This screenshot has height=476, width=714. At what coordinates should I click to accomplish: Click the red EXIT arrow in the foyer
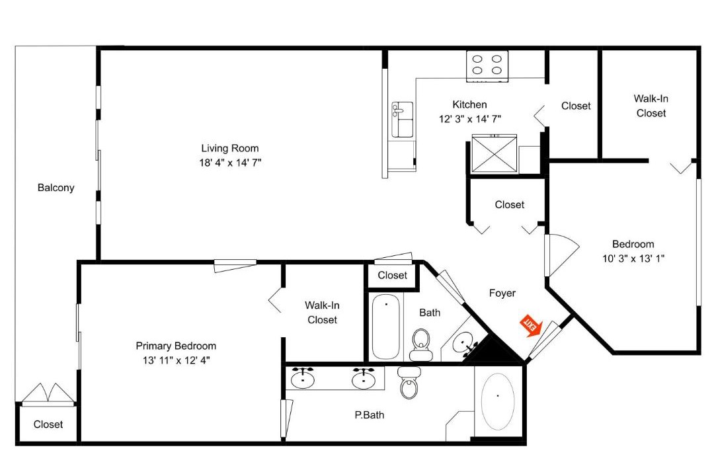[x=531, y=325]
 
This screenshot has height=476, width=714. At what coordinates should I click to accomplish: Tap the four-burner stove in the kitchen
[x=487, y=66]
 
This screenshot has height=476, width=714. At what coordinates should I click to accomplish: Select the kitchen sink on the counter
[x=402, y=120]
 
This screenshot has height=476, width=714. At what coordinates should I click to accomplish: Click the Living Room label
[x=230, y=148]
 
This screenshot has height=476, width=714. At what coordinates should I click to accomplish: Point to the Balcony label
[x=56, y=188]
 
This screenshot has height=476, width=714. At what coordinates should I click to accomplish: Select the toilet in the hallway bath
[x=420, y=345]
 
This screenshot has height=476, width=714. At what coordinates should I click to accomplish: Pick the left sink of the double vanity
[x=302, y=377]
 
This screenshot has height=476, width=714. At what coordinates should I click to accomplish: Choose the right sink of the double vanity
[x=364, y=377]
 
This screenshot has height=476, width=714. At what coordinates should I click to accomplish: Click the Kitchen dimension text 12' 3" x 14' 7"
[x=470, y=119]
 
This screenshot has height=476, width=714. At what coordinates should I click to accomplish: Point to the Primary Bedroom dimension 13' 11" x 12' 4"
[x=177, y=360]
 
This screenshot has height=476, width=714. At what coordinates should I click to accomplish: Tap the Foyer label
[x=502, y=293]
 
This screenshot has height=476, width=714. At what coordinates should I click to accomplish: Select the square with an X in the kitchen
[x=495, y=153]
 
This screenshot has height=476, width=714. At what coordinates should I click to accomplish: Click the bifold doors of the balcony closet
[x=48, y=393]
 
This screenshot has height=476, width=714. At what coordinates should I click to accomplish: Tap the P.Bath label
[x=370, y=415]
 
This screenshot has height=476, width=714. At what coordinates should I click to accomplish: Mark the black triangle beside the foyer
[x=493, y=350]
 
